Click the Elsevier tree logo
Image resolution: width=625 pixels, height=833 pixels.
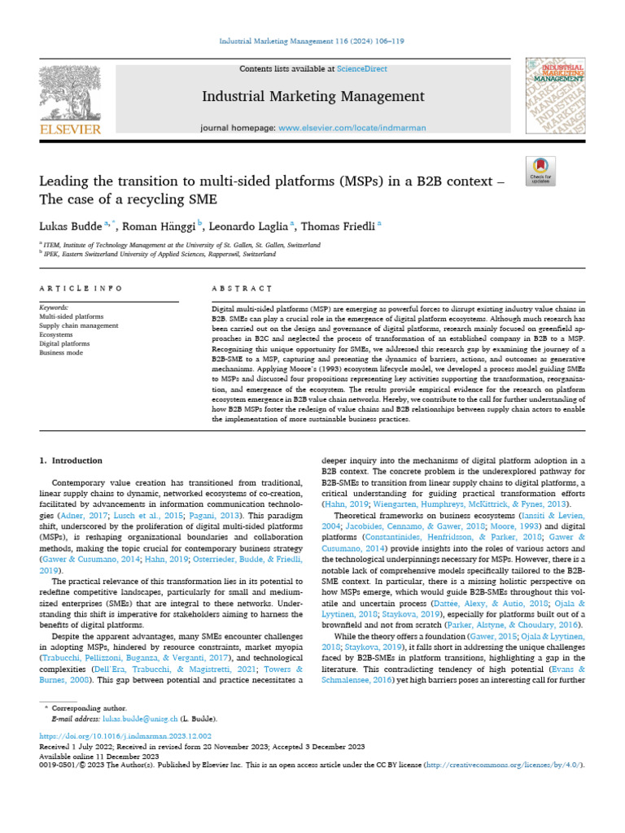point(70,95)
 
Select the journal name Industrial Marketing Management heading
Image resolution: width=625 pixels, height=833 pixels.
point(313,97)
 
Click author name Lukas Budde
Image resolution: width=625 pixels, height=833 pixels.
point(68,225)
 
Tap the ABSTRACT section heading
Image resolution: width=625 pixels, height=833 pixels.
point(241,289)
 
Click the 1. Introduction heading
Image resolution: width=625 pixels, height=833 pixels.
point(72,460)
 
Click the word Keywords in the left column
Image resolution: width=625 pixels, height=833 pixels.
point(55,307)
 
